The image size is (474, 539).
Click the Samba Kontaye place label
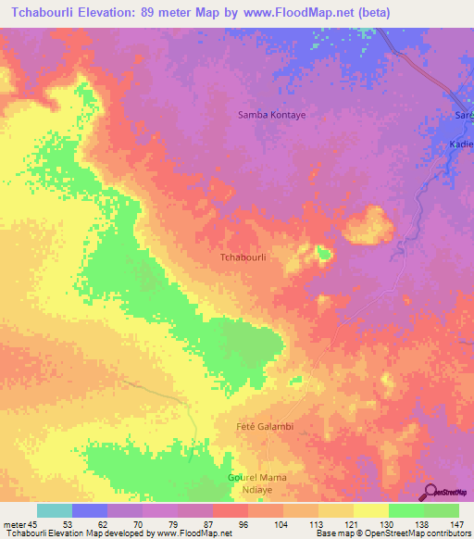(272, 115)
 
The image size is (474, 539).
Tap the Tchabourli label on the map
(243, 258)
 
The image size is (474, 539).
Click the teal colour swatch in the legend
(55, 510)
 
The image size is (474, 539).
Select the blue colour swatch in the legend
(90, 510)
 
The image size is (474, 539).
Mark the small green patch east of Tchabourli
(323, 252)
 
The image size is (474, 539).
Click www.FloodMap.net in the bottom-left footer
(194, 534)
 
